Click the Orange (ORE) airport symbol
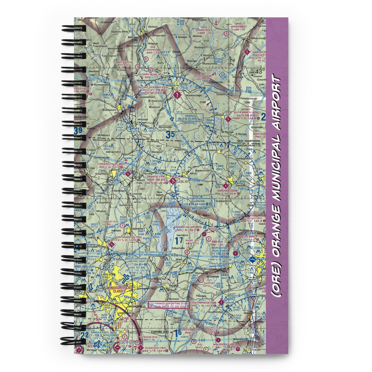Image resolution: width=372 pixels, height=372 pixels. pos(173,181)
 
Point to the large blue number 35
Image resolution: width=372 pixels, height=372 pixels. pos(170,135)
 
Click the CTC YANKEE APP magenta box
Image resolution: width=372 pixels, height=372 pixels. pos(169,305)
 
